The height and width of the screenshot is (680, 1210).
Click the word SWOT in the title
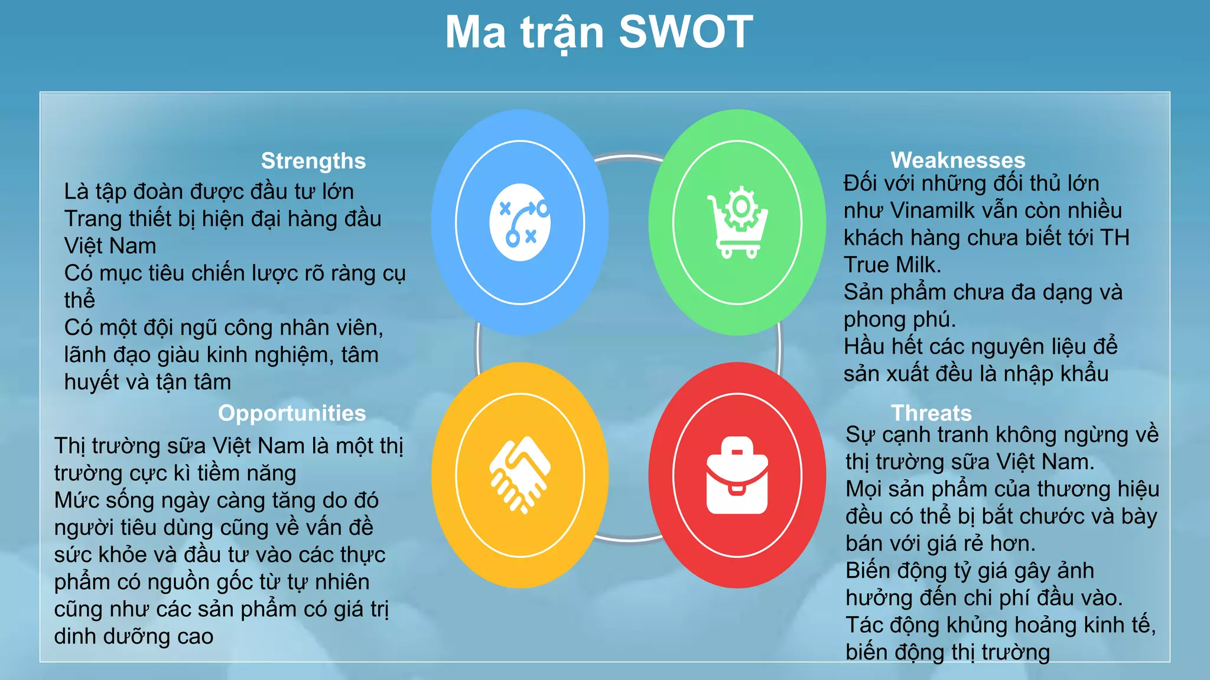click(x=685, y=32)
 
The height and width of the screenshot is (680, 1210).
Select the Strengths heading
click(x=313, y=161)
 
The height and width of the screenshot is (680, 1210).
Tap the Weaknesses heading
click(x=958, y=160)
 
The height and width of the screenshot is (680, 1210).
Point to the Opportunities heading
click(x=292, y=413)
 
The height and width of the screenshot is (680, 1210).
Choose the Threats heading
click(x=931, y=413)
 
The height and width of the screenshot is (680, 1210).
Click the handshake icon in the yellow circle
click(x=519, y=475)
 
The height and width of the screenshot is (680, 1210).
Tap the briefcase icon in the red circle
click(x=737, y=476)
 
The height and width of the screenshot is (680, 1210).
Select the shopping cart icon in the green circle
click(x=737, y=223)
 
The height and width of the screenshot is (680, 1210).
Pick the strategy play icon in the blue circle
click(x=520, y=223)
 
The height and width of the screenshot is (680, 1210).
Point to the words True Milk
click(x=892, y=265)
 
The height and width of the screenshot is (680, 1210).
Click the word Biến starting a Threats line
click(x=868, y=571)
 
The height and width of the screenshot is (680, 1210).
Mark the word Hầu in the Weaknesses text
click(x=864, y=346)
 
